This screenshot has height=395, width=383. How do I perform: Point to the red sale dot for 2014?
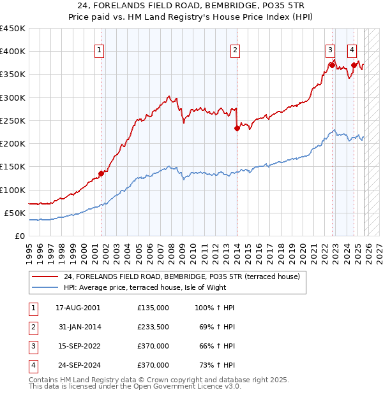pos(237,128)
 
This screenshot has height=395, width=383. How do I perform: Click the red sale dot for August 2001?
pos(101,173)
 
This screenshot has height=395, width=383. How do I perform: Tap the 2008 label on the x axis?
pos(171,250)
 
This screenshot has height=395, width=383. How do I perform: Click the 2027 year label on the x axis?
pos(379,250)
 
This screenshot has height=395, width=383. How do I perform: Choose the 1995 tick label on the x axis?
pos(29,250)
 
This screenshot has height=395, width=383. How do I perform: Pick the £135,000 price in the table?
pos(153,307)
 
